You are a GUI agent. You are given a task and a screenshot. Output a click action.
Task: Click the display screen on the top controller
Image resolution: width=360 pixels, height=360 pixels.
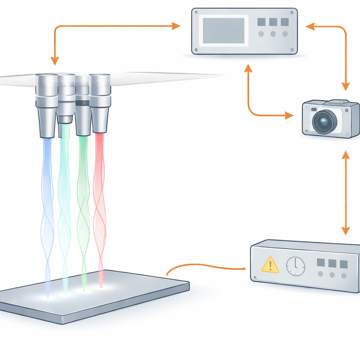pos(224,31)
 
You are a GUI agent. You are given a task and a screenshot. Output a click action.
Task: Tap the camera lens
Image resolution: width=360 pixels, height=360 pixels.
pos(324,122)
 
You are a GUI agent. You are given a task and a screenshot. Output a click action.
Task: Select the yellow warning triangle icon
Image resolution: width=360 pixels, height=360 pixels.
pos(270,265)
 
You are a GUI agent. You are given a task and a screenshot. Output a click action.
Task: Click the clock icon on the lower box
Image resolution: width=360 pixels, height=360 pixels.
pos(296,266)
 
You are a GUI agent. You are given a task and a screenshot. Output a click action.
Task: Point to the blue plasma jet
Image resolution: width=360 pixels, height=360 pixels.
pos(47,211)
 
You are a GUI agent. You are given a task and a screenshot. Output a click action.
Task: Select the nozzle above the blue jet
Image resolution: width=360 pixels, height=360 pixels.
pos(46,105)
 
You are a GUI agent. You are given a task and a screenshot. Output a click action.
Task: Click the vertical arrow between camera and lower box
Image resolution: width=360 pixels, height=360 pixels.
pos(346,193)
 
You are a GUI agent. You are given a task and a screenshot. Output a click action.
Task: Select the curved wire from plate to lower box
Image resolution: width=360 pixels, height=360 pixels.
pos(204,266)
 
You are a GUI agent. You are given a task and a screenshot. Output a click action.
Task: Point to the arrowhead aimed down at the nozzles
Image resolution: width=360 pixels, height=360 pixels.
pos(54,61)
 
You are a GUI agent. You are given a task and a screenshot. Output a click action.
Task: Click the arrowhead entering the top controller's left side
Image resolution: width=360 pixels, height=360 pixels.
pos(176,25)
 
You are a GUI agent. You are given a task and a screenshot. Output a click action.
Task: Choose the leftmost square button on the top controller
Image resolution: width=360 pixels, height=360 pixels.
pos(261,22)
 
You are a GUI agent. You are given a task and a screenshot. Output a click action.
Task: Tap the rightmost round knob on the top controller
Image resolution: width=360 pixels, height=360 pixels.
pos(285,34)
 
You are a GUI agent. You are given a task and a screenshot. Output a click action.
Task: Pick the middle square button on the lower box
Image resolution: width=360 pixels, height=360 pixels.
pos(332,263)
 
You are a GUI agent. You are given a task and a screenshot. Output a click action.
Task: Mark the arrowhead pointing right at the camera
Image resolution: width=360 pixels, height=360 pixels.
pos(289,115)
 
